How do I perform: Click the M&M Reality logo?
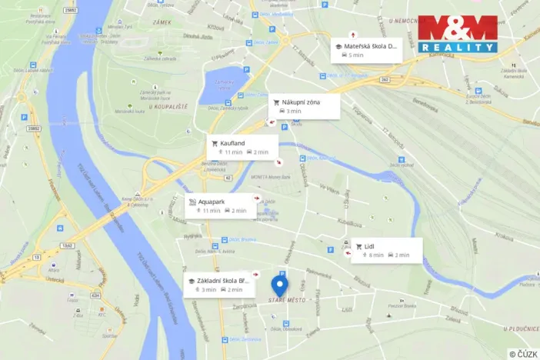[x=458, y=34]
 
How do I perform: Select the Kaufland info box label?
[x=232, y=143]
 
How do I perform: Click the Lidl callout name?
[x=369, y=246]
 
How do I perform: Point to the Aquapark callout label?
[x=211, y=202]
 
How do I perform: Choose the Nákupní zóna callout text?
[x=301, y=102]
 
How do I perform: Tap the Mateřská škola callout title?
[x=371, y=46]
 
